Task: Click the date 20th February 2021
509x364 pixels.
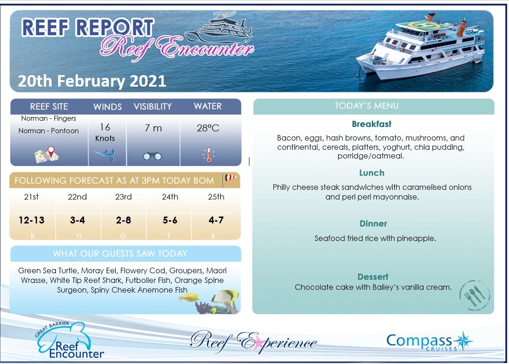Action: tap(92, 81)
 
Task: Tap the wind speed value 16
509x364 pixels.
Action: tap(105, 127)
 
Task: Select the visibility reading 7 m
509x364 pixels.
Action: tap(153, 128)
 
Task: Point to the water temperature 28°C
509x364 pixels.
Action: tap(208, 128)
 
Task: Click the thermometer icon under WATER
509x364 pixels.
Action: tap(208, 155)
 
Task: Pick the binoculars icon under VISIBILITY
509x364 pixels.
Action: tap(152, 156)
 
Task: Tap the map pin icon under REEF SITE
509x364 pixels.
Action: tap(47, 154)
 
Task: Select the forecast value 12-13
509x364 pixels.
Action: tap(32, 220)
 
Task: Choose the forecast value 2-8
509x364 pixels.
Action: tap(124, 220)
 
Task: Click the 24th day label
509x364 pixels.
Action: tap(170, 197)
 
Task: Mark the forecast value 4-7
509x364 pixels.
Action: tap(216, 220)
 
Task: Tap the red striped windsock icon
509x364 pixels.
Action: tap(230, 179)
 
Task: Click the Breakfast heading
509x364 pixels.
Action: tap(371, 124)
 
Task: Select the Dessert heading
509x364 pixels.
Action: tap(373, 277)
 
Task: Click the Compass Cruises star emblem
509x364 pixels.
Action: tap(462, 341)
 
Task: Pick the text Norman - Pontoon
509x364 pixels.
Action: tap(48, 131)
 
